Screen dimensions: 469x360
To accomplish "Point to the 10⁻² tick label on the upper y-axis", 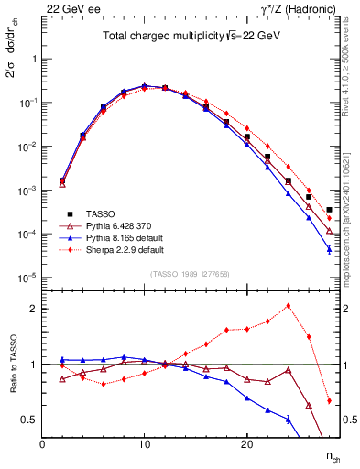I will (x=27, y=147).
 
